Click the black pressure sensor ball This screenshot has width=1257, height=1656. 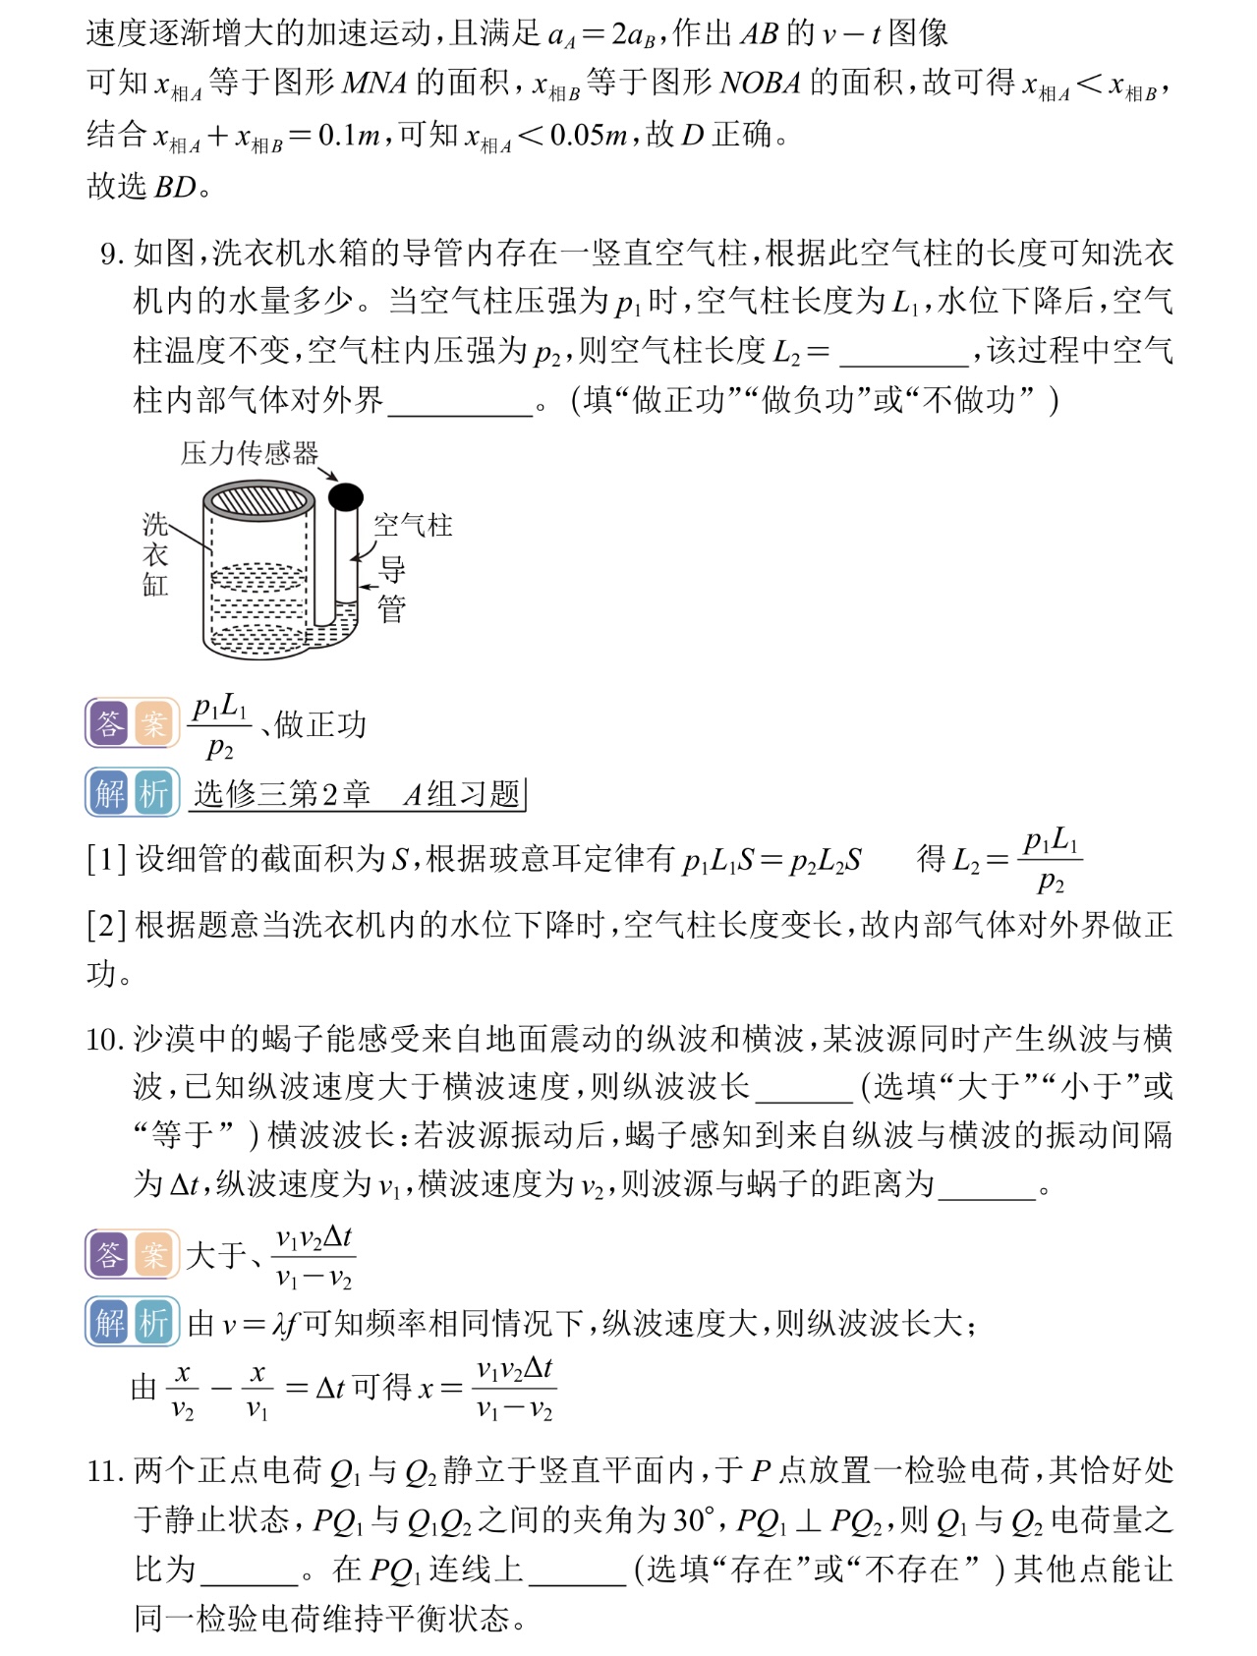point(345,497)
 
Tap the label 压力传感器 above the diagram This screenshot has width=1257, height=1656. point(250,453)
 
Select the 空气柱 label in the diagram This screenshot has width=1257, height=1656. point(413,526)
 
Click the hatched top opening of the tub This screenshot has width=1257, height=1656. point(258,501)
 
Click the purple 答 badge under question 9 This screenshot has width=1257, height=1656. point(109,724)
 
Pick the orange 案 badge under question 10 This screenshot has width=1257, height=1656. point(153,1254)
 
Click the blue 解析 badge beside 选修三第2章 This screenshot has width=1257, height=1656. point(133,792)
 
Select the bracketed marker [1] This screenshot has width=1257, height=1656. point(105,860)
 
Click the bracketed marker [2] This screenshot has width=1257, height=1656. point(105,925)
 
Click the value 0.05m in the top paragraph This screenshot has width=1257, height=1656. point(587,135)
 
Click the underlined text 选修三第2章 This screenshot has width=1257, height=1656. point(283,794)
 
